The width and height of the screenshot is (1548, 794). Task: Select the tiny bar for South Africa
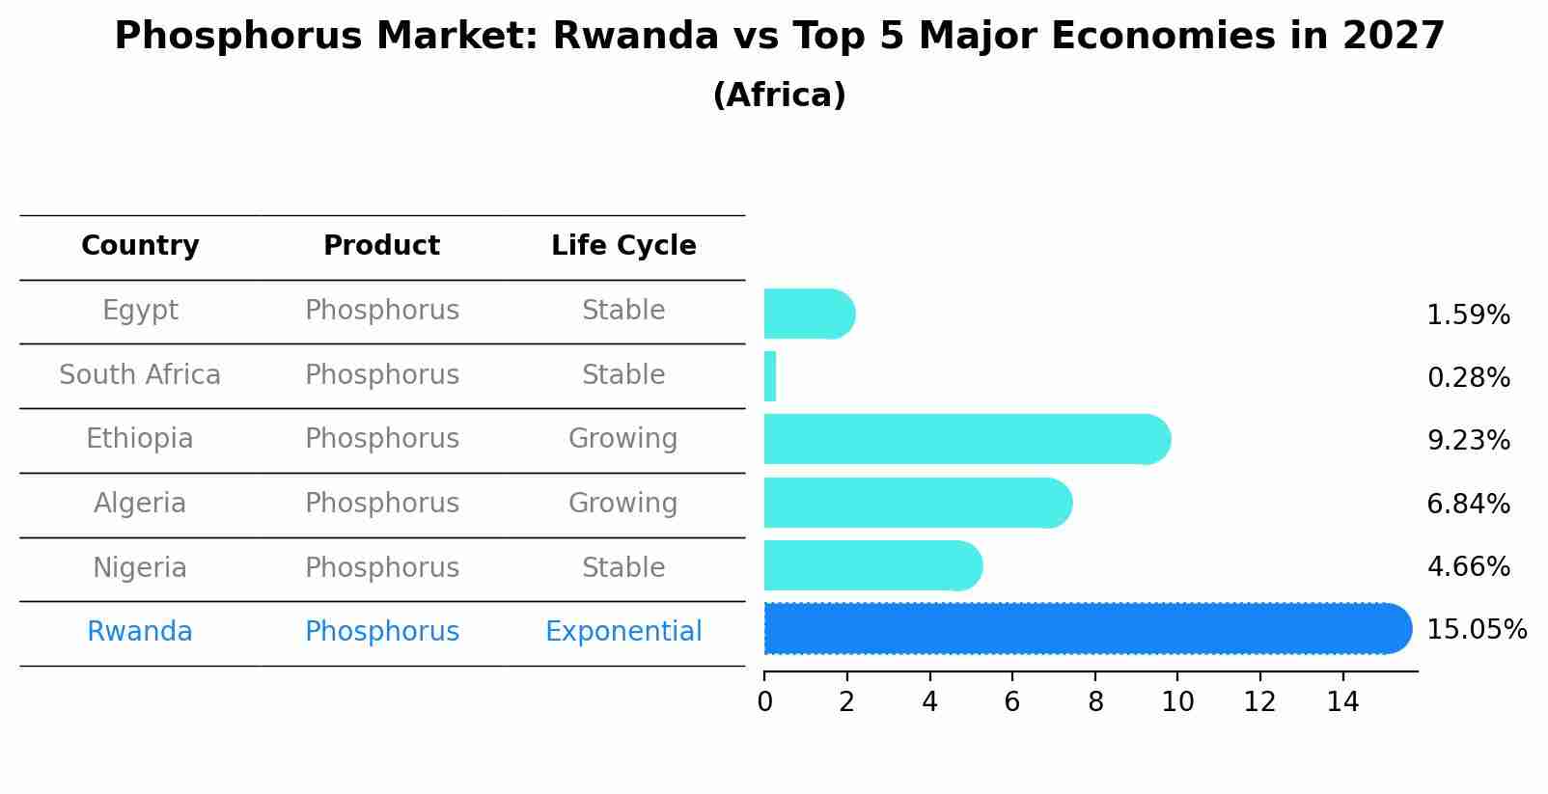tap(770, 376)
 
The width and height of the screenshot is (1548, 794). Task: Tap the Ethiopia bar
tap(965, 440)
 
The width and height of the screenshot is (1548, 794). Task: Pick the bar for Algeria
tap(917, 503)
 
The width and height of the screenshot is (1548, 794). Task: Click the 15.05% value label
tap(1476, 630)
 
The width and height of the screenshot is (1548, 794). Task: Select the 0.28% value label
tap(1468, 378)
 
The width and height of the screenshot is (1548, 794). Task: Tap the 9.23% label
tap(1468, 441)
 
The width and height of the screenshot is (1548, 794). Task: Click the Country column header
tap(140, 246)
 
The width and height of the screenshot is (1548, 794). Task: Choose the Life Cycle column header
tap(623, 246)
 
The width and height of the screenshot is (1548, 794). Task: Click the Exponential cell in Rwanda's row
tap(623, 632)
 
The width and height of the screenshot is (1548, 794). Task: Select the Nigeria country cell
tap(140, 568)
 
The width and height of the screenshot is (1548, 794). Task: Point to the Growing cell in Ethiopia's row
tap(623, 439)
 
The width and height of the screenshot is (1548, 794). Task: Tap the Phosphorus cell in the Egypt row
tap(382, 311)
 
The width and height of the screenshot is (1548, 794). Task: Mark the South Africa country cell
tap(140, 375)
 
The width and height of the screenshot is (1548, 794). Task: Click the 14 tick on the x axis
tap(1342, 702)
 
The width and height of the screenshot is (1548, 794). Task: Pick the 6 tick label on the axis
tap(1012, 702)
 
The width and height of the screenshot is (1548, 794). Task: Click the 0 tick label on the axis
tap(764, 702)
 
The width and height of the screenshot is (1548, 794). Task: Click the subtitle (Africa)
tap(779, 96)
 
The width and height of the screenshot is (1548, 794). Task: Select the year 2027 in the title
tap(1393, 37)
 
